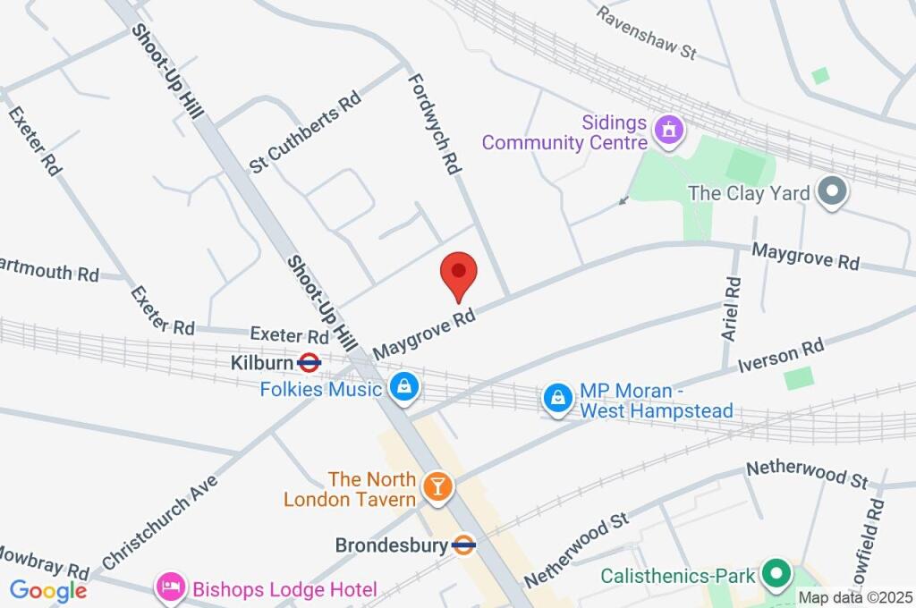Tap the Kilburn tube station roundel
point(310,363)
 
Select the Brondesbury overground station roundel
point(463,545)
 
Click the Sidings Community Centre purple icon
point(666,131)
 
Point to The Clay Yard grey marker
point(834,192)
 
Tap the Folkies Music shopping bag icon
point(404,388)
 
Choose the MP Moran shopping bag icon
point(558,399)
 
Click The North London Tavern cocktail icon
point(437,486)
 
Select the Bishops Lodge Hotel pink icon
point(169,588)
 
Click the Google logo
point(48,590)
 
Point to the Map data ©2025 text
point(856,597)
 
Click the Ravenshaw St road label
point(647,33)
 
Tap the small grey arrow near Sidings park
point(623,201)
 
